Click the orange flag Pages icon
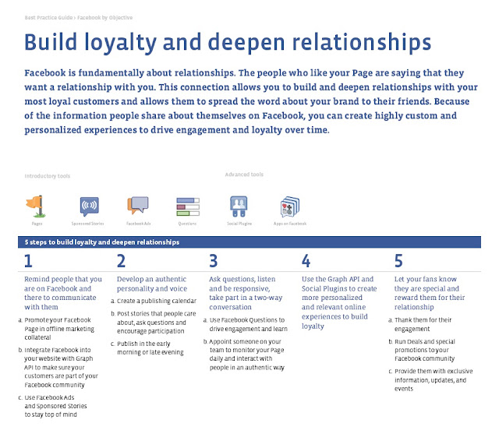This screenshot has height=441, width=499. tap(36, 206)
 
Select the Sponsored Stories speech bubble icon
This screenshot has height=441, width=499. tap(90, 206)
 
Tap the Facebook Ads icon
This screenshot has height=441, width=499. tap(138, 206)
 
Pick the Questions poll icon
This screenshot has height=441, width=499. tap(187, 206)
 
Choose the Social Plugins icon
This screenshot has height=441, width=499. tap(239, 206)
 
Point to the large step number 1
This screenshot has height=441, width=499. tap(28, 260)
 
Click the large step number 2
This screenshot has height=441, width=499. tap(121, 260)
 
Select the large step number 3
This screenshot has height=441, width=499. tap(213, 260)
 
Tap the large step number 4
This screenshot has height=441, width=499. tap(306, 260)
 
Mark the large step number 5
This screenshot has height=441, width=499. tap(398, 260)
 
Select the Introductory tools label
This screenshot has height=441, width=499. tap(47, 176)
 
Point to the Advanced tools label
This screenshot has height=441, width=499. tap(244, 175)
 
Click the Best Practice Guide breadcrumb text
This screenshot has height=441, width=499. tap(45, 16)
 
